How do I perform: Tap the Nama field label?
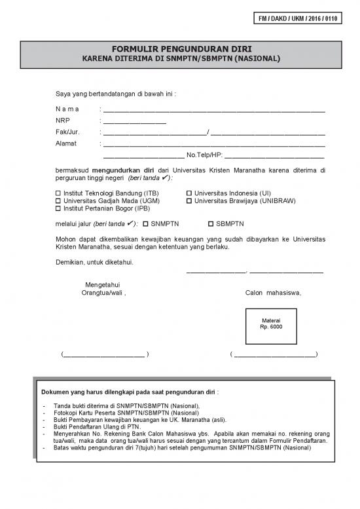pos(67,109)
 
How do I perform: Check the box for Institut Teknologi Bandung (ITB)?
pos(58,193)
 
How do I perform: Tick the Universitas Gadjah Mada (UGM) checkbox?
pos(58,201)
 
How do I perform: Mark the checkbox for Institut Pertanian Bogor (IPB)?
pos(58,209)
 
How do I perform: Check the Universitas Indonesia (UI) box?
pos(189,193)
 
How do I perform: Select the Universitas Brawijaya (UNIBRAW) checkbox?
pos(189,201)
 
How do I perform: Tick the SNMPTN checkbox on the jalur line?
pos(145,223)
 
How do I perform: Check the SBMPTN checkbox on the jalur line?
pos(211,223)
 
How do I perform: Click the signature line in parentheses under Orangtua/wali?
pos(105,354)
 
